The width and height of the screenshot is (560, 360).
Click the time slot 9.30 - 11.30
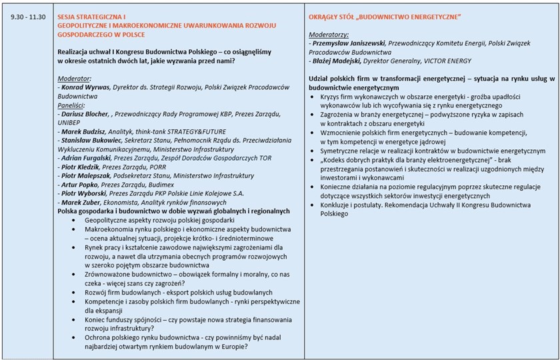tap(27, 15)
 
